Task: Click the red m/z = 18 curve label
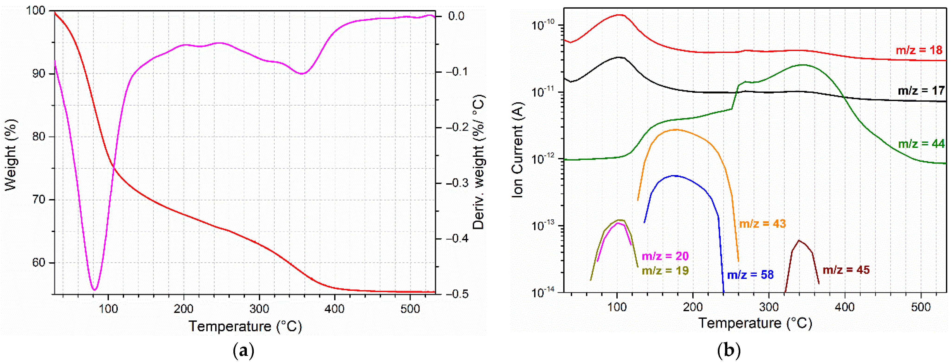coord(919,50)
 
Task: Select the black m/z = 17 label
coord(921,90)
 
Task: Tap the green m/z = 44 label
coord(921,144)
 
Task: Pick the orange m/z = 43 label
coord(762,224)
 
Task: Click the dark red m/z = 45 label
coord(846,270)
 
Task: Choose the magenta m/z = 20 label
coord(665,256)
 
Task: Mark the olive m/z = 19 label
coord(665,271)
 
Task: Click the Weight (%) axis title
coord(11,155)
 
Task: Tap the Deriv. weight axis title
coord(478,162)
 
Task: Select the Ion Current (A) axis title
coord(518,149)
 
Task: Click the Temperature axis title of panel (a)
coord(245,326)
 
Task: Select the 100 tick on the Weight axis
coord(35,10)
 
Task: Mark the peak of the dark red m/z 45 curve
coord(799,240)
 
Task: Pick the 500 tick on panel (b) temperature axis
coord(921,307)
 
